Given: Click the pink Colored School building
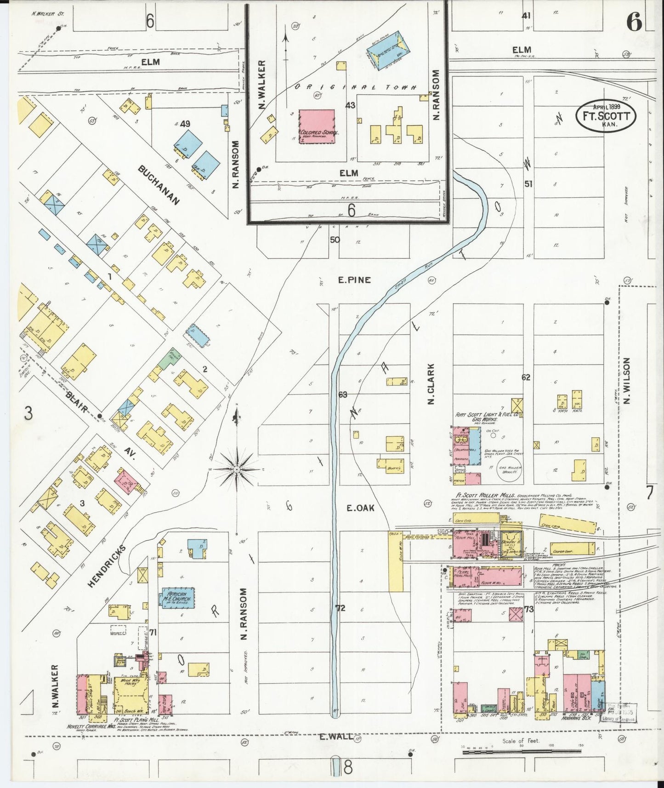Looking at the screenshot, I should point(317,126).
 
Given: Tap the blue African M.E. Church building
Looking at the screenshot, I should point(177,598).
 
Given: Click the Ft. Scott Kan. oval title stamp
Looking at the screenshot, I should point(606,116).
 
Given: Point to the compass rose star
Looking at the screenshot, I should point(236,469).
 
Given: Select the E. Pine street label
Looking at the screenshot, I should point(354,280).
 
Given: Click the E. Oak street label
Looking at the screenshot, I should point(360,508).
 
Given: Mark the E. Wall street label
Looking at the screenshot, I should point(337,737).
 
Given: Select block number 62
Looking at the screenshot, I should point(526,377).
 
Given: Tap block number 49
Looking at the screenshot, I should point(185,124).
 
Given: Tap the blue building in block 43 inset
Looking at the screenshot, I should point(387,46).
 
